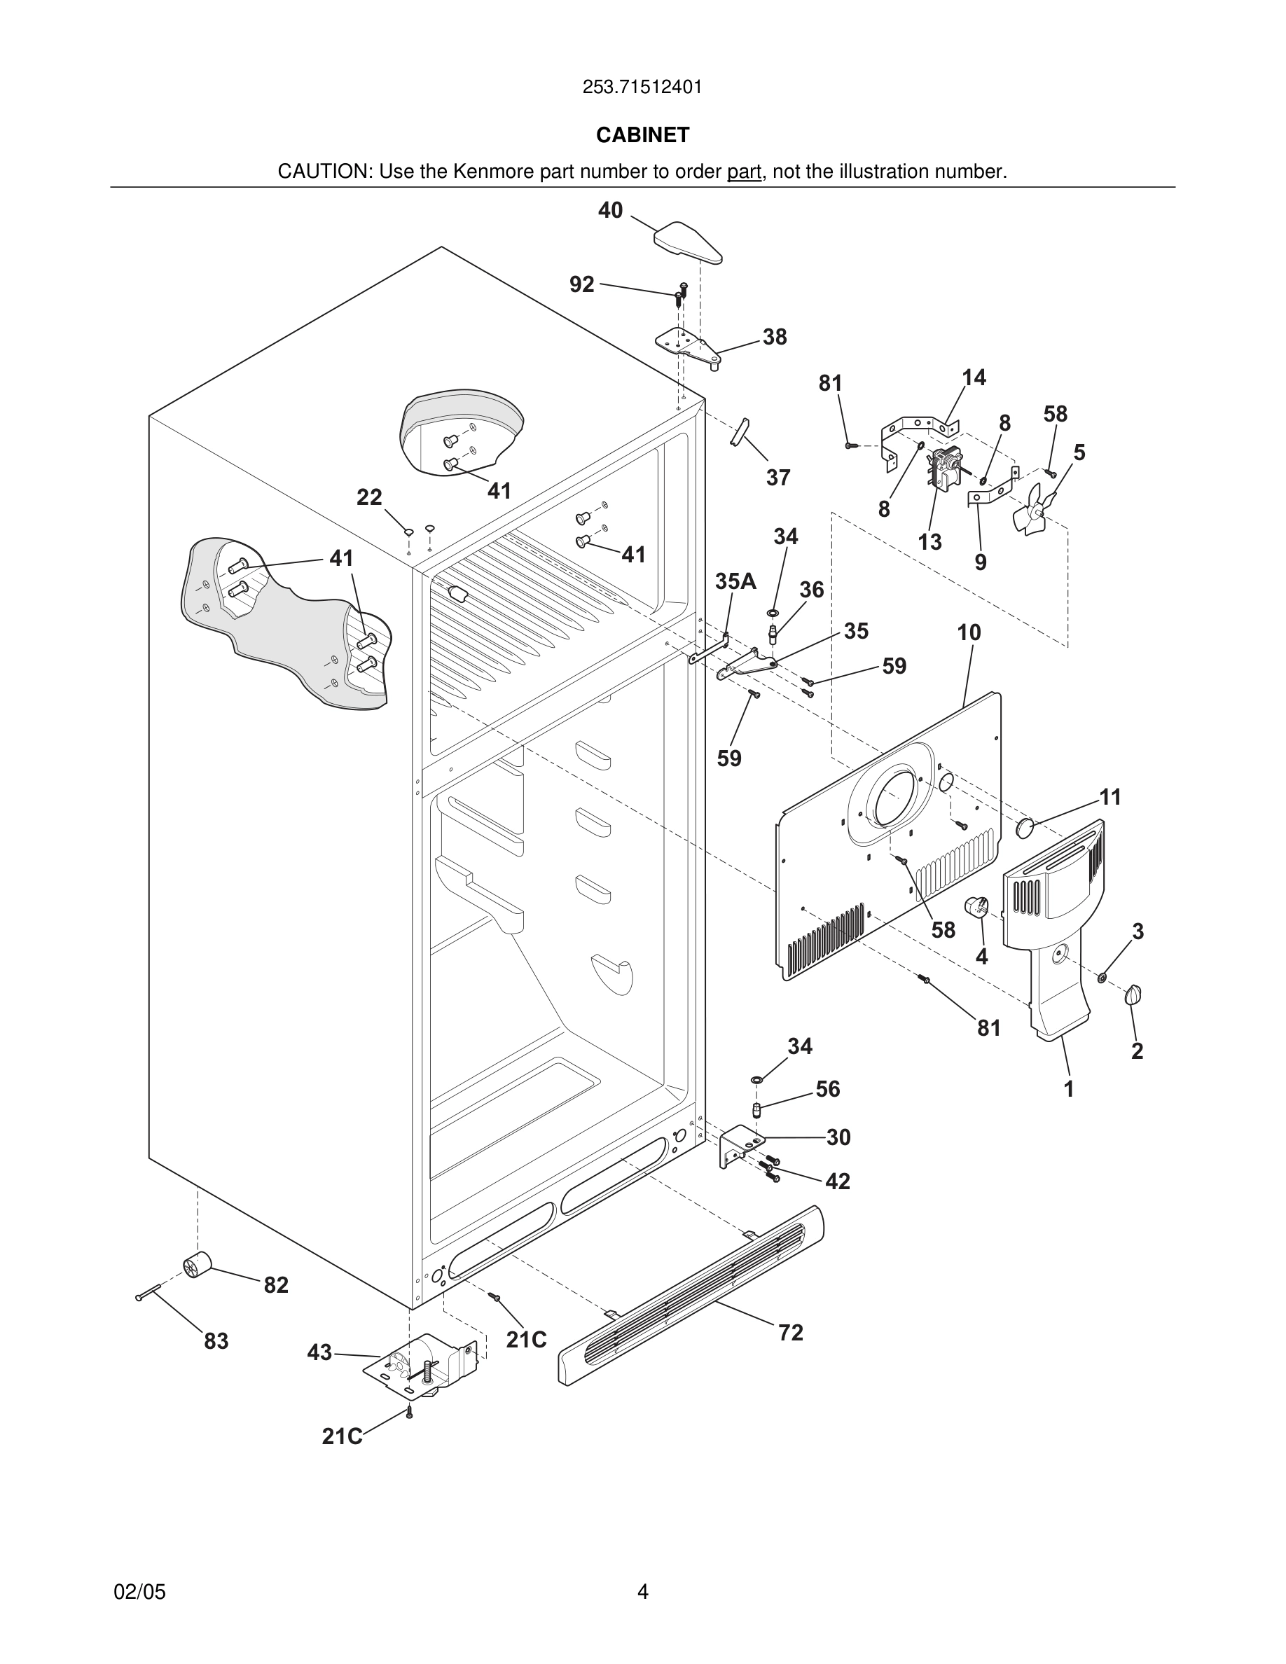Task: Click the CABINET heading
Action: pyautogui.click(x=642, y=135)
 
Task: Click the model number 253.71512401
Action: pyautogui.click(x=642, y=88)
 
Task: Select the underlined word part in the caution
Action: pyautogui.click(x=744, y=172)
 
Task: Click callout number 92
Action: pyautogui.click(x=582, y=284)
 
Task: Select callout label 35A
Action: pyautogui.click(x=735, y=581)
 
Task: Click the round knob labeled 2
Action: pyautogui.click(x=1133, y=994)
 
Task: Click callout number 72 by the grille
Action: pyautogui.click(x=790, y=1333)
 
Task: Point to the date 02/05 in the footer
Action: pyautogui.click(x=139, y=1592)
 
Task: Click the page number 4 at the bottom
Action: pyautogui.click(x=642, y=1592)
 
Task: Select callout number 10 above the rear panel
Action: pyautogui.click(x=969, y=632)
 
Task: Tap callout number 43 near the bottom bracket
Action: pyautogui.click(x=319, y=1352)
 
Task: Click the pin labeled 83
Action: pyautogui.click(x=148, y=1292)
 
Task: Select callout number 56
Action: pyautogui.click(x=827, y=1089)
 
